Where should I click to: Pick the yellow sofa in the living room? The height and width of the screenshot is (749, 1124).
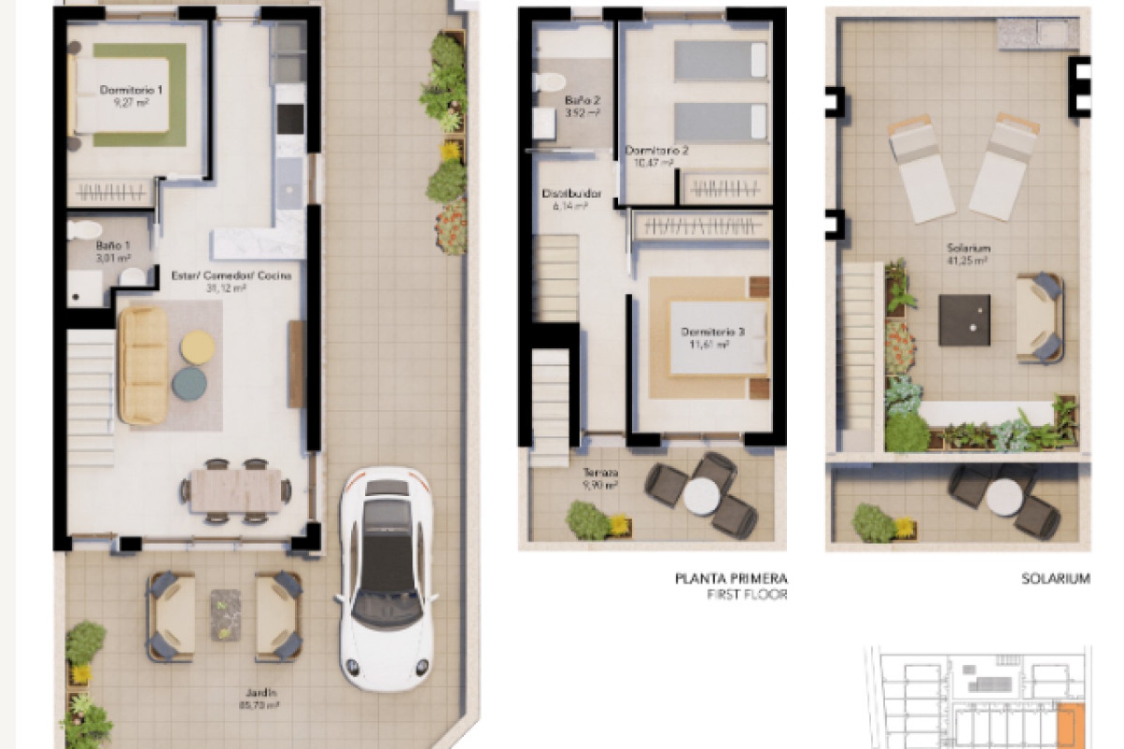(x=143, y=365)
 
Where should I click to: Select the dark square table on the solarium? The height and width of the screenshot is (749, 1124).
(x=964, y=320)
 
